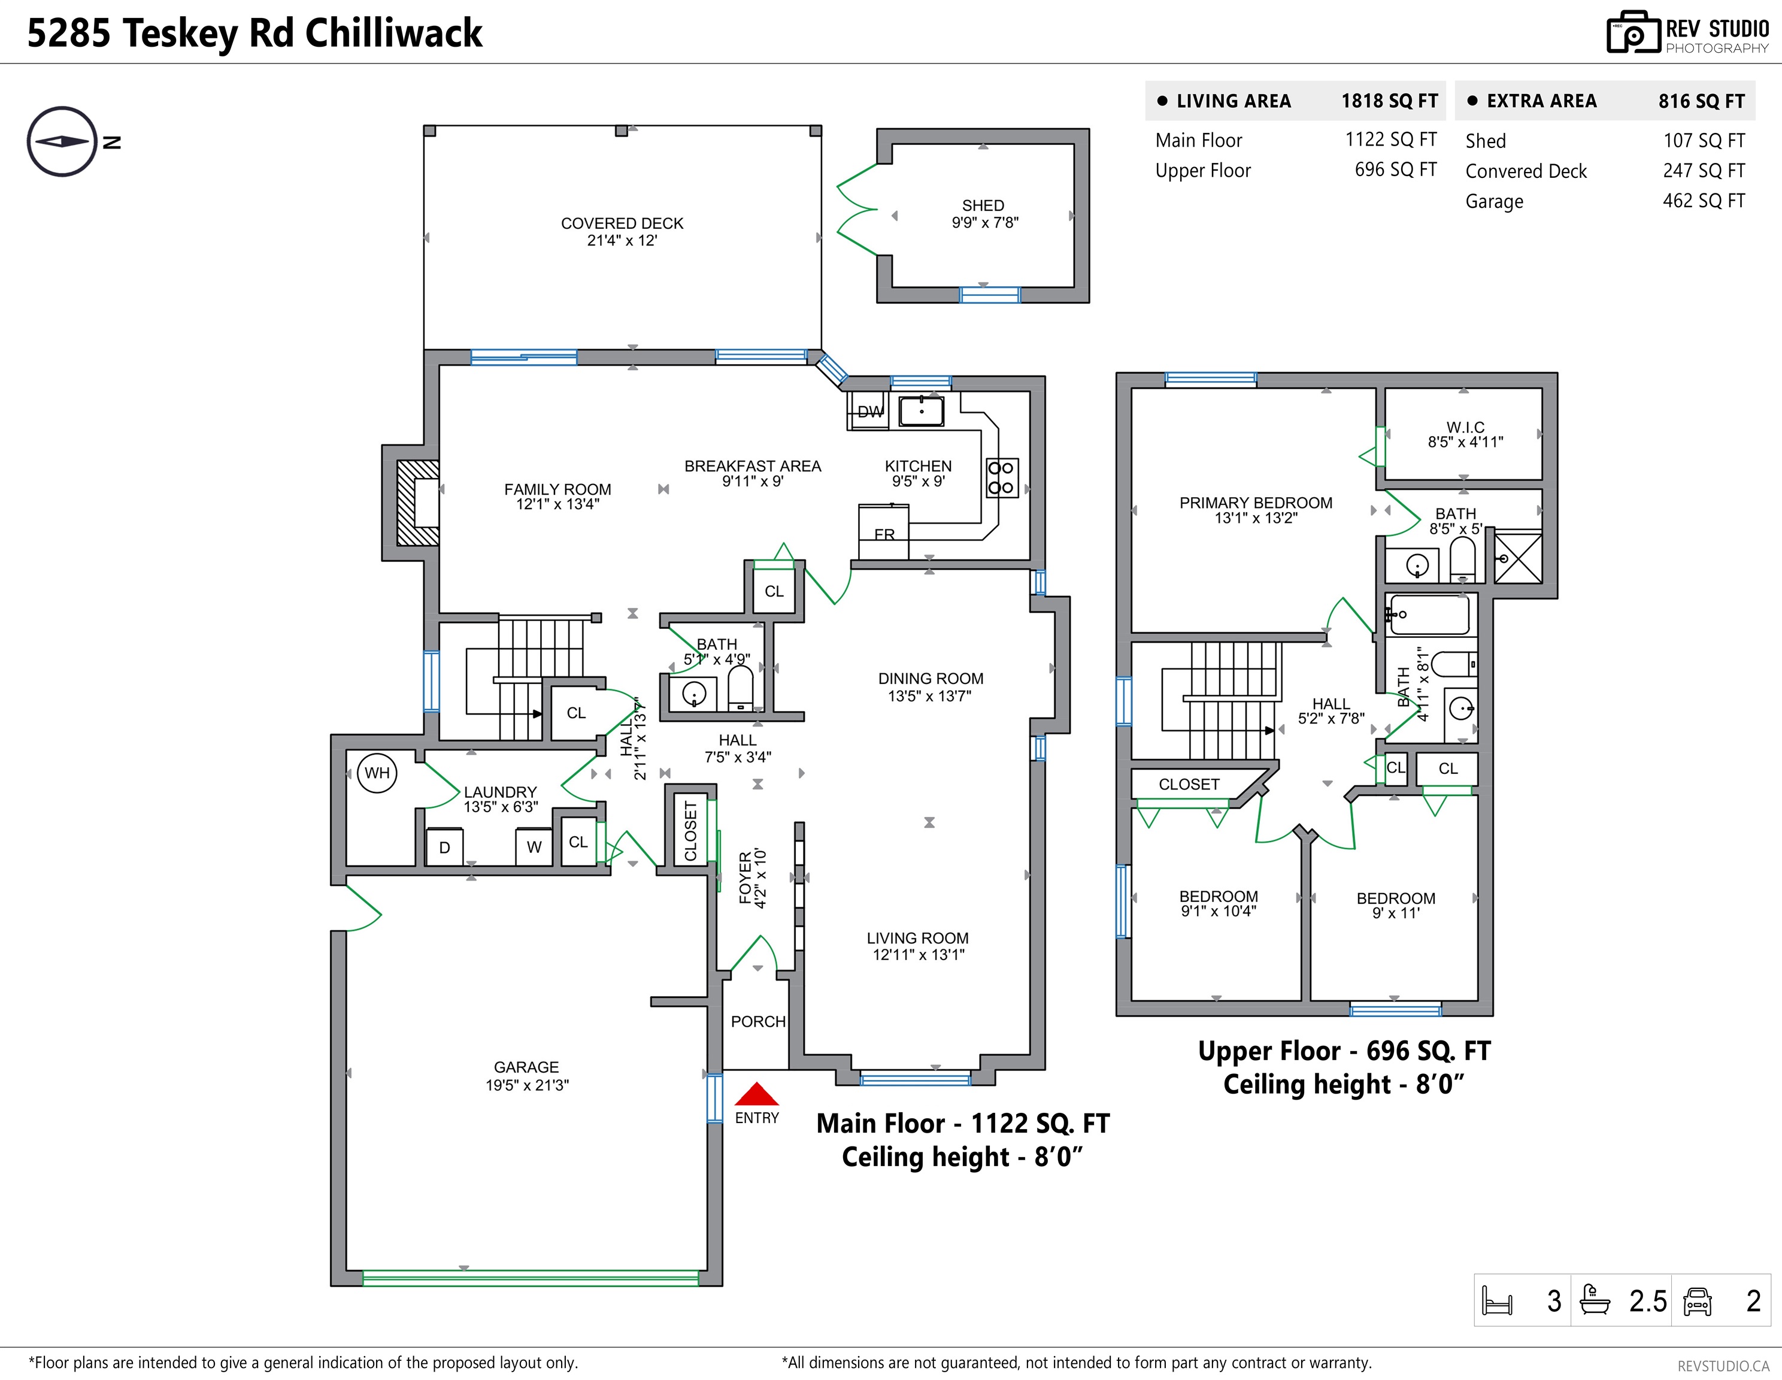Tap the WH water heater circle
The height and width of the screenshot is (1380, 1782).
point(377,773)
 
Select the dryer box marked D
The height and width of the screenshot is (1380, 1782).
point(445,846)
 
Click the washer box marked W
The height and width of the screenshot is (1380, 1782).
point(535,846)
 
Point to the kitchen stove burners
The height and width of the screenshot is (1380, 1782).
point(1001,477)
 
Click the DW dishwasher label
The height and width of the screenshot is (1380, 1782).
point(870,412)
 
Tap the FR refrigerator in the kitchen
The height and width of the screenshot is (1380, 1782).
point(884,531)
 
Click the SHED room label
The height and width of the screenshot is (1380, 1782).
point(983,205)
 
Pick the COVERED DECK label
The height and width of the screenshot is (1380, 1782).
point(623,223)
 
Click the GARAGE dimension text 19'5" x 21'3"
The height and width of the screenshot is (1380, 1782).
point(527,1085)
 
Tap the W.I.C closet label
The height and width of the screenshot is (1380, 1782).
point(1465,427)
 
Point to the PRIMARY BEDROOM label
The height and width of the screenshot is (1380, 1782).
point(1256,503)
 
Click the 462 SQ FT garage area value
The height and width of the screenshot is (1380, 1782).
point(1704,201)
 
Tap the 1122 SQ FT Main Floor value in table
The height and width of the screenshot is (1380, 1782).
point(1391,140)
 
